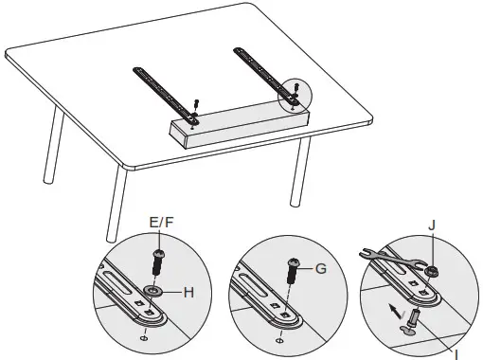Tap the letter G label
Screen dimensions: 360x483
[320, 268]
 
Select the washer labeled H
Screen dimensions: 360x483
[152, 290]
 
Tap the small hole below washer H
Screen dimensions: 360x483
[143, 336]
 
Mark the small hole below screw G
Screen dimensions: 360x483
[278, 335]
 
